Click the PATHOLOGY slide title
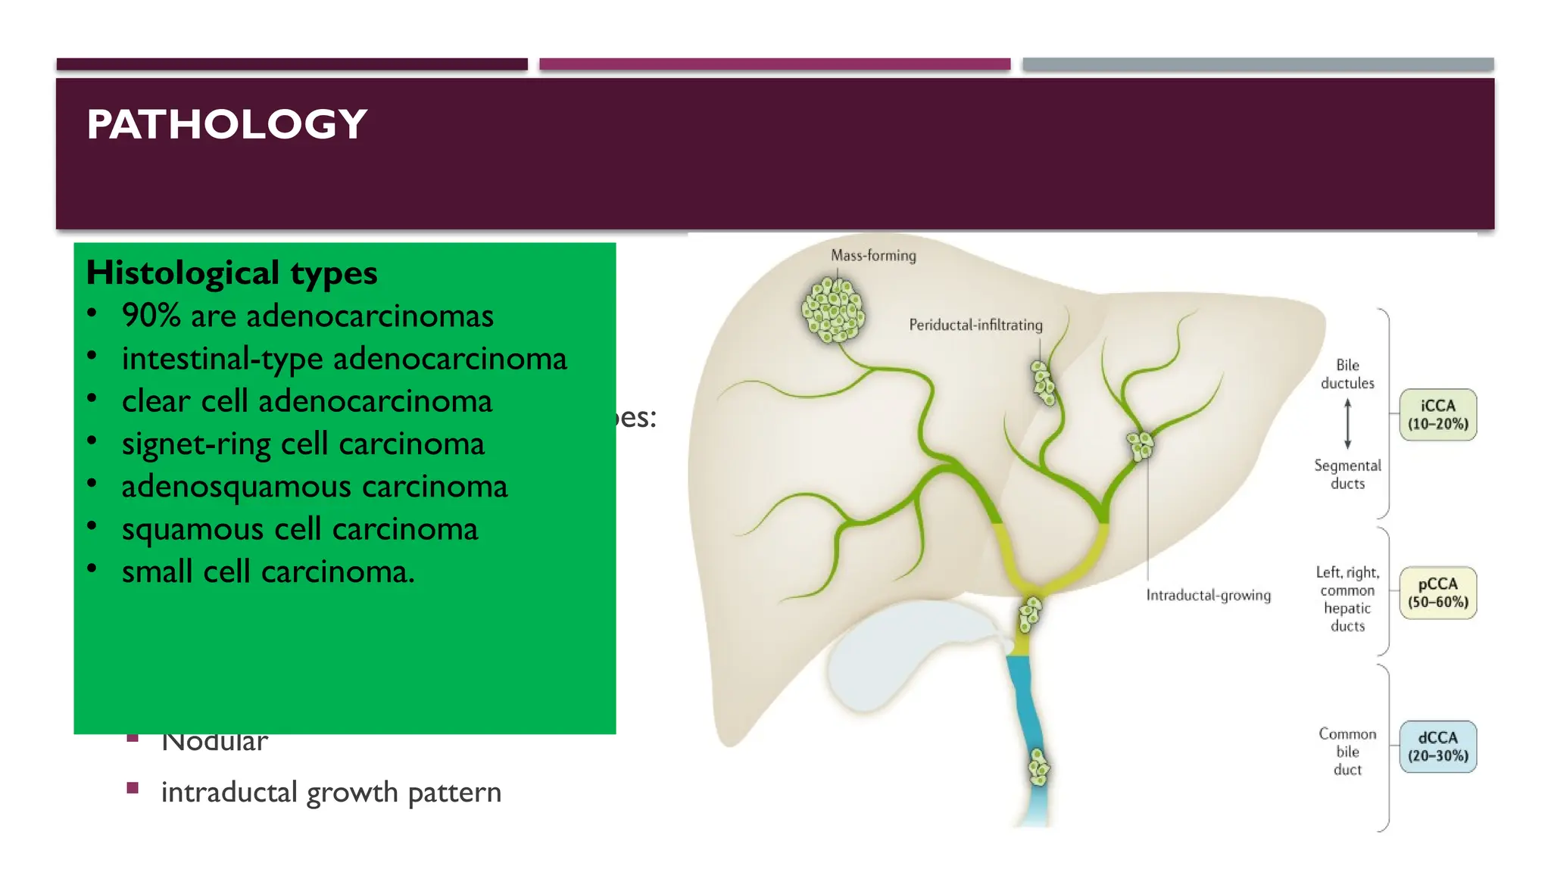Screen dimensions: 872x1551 click(x=226, y=124)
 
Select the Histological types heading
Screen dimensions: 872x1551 click(x=231, y=272)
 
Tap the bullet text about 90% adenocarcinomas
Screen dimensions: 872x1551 click(x=307, y=316)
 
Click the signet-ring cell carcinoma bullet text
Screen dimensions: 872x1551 click(x=302, y=444)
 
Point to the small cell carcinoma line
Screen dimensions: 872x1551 click(x=268, y=571)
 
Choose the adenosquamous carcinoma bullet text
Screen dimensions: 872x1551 click(x=314, y=486)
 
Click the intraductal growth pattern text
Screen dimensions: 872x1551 click(x=331, y=792)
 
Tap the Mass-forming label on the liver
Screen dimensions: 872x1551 click(x=873, y=256)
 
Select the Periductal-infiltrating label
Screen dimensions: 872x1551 click(x=975, y=325)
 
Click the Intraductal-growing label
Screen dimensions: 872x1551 click(x=1208, y=595)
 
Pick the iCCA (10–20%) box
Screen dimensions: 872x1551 click(x=1437, y=415)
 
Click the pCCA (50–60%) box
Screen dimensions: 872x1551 click(x=1437, y=593)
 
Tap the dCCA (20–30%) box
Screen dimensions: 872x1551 click(x=1437, y=746)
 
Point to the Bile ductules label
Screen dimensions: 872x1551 click(x=1347, y=374)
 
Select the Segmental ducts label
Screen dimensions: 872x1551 click(x=1347, y=475)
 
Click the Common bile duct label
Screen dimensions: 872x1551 click(x=1347, y=752)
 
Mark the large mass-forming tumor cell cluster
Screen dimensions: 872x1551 click(x=833, y=310)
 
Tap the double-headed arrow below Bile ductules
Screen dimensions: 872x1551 click(x=1347, y=424)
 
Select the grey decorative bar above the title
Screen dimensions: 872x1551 click(x=1258, y=64)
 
